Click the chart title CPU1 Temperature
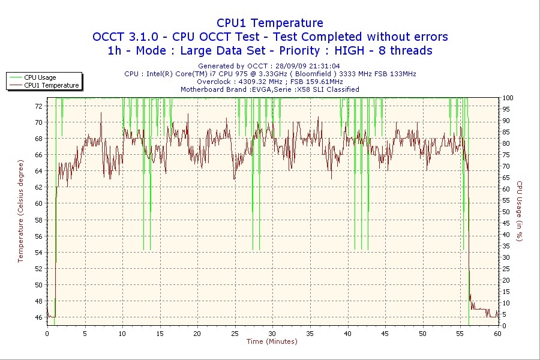(x=269, y=23)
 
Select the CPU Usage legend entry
(x=40, y=77)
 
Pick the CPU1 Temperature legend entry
(x=51, y=85)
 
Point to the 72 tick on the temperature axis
(x=39, y=106)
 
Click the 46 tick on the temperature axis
(x=39, y=317)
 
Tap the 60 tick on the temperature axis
(x=39, y=203)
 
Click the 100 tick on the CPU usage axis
(x=508, y=98)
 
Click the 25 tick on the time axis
(x=235, y=333)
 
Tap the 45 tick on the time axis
(x=385, y=333)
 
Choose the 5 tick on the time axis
(x=85, y=333)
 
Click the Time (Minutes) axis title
(x=272, y=341)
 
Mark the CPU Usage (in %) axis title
(x=520, y=211)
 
